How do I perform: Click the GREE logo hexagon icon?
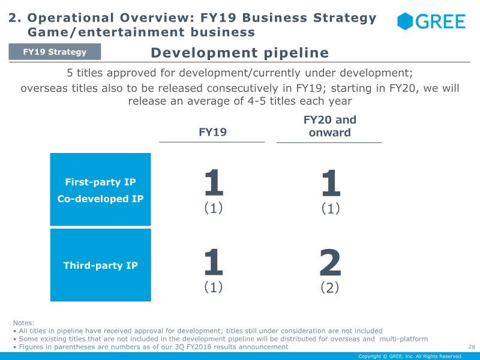[x=406, y=22]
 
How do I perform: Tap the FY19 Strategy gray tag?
[x=55, y=52]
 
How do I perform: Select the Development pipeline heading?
[x=239, y=53]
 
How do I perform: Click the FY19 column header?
[x=212, y=132]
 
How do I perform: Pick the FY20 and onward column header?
[x=329, y=126]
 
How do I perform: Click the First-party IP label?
[x=100, y=182]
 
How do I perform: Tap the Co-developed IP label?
[x=100, y=199]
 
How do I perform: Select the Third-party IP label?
[x=100, y=265]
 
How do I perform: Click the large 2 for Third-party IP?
[x=330, y=262]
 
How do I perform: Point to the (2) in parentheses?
[x=330, y=287]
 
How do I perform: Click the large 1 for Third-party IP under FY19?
[x=213, y=262]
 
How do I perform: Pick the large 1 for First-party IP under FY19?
[x=213, y=182]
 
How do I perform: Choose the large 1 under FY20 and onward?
[x=330, y=182]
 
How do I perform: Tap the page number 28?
[x=471, y=347]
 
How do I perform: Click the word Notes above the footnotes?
[x=23, y=323]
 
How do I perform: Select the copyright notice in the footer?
[x=410, y=356]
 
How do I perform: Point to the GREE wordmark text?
[x=440, y=22]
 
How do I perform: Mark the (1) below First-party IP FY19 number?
[x=213, y=208]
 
